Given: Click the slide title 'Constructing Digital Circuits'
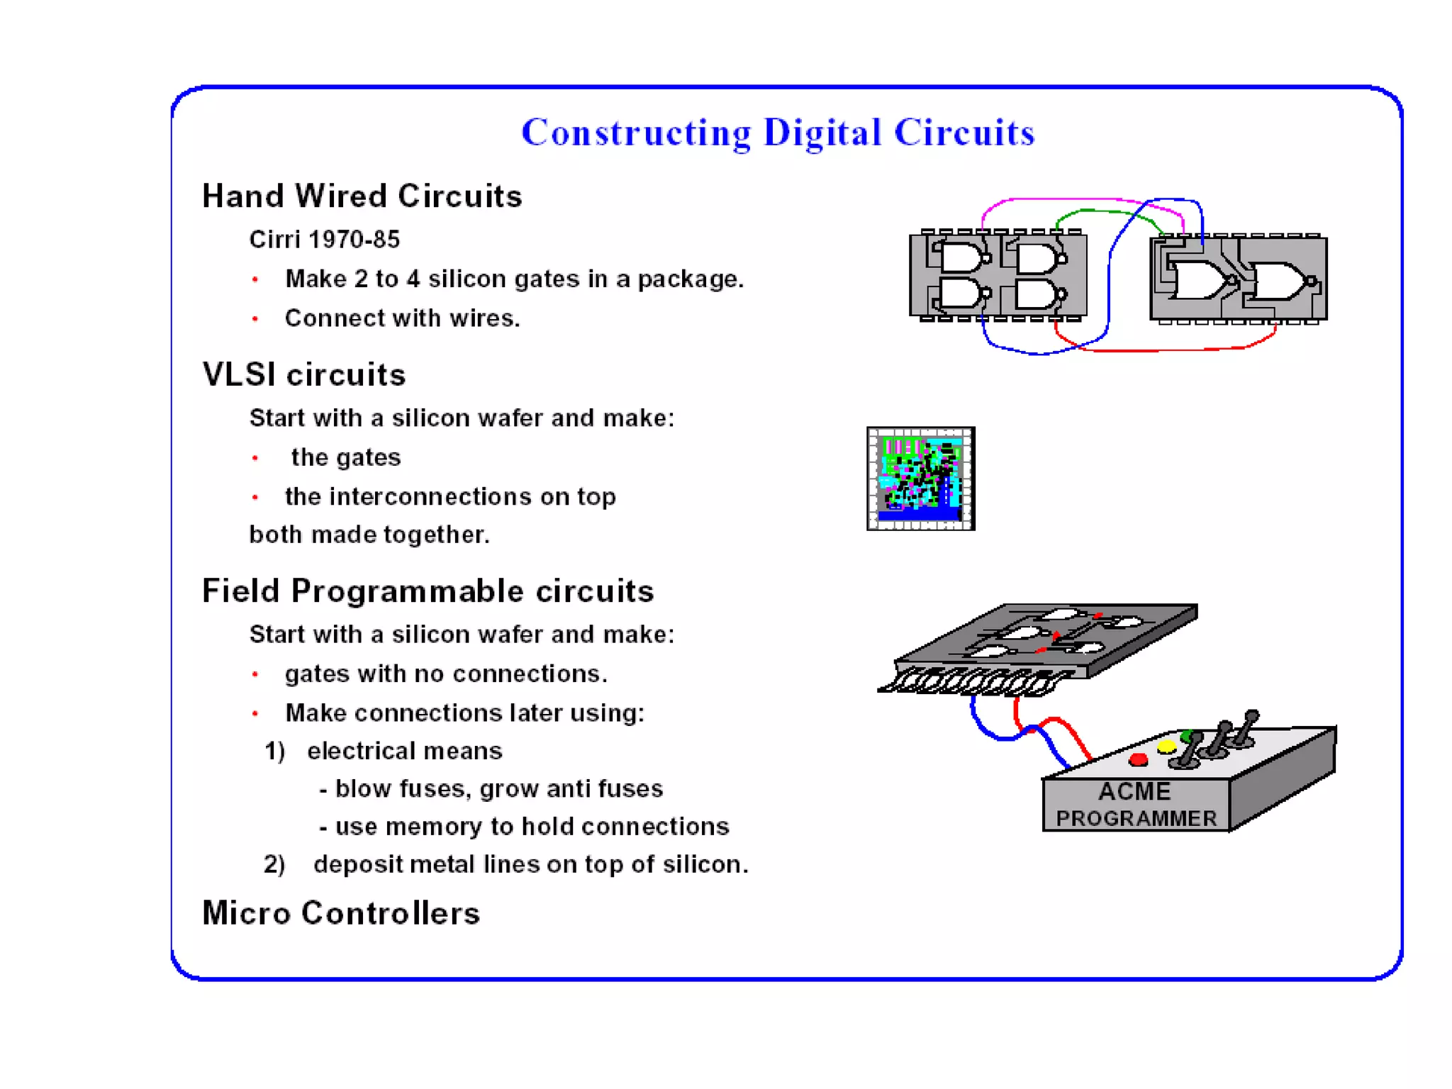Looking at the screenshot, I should [x=778, y=133].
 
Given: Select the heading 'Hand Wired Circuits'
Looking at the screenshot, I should [x=362, y=196].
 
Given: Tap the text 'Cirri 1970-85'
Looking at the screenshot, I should [x=324, y=240].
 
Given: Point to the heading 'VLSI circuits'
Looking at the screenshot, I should [x=303, y=374].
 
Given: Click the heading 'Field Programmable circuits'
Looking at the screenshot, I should [x=428, y=591].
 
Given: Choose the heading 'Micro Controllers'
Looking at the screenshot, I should [x=341, y=912].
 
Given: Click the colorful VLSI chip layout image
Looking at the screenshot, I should [x=920, y=478].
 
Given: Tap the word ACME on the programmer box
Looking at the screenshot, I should [x=1134, y=791].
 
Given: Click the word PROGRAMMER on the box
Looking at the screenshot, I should [x=1136, y=818].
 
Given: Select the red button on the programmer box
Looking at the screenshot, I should [x=1138, y=760].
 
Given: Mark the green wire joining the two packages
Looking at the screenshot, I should [x=1106, y=211].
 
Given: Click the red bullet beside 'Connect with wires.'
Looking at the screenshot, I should [x=255, y=319].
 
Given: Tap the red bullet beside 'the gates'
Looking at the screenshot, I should [x=255, y=458].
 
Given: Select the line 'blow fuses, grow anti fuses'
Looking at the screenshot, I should [x=498, y=788].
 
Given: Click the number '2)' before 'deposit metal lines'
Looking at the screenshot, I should [x=274, y=864].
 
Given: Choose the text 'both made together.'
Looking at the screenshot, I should [x=369, y=535].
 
